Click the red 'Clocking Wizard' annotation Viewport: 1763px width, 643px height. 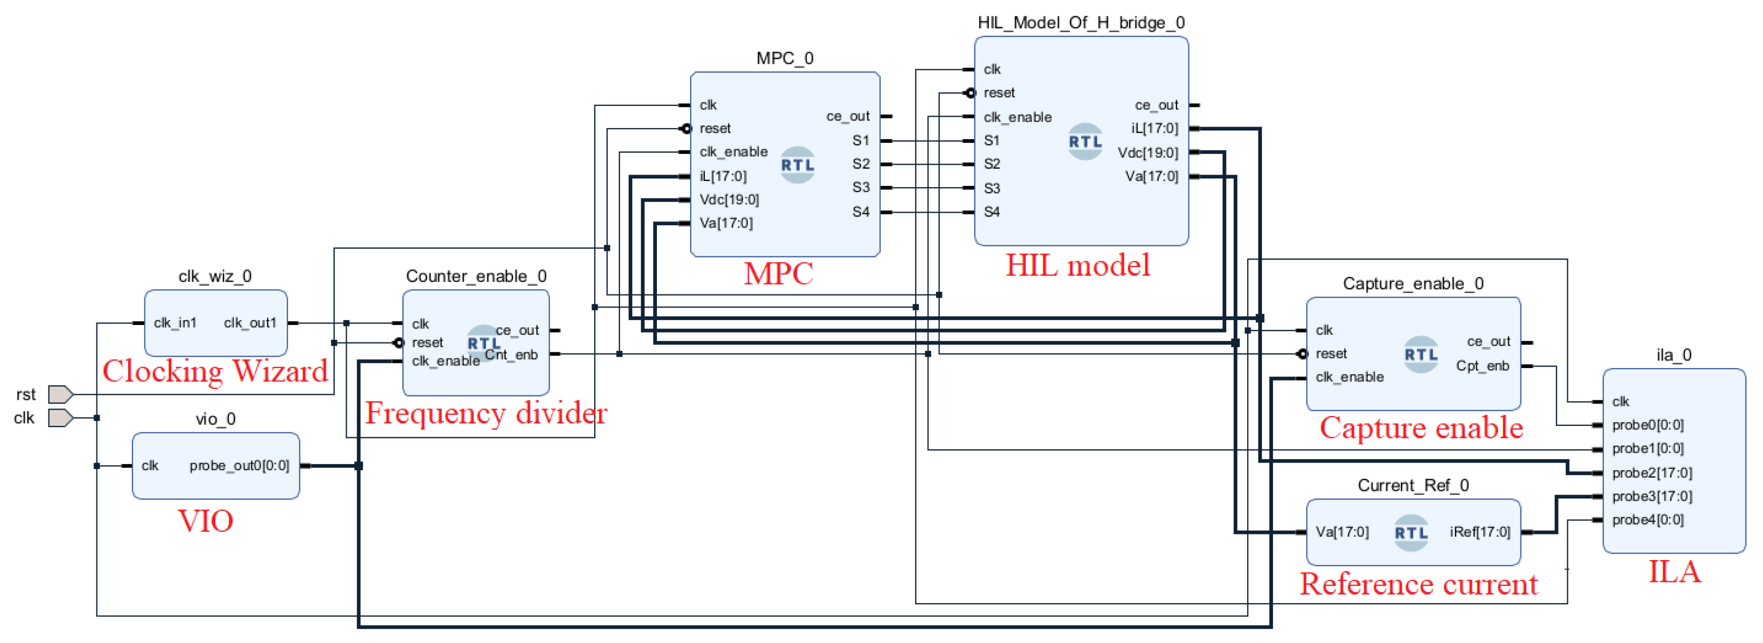tap(215, 372)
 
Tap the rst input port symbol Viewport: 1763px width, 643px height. tap(60, 394)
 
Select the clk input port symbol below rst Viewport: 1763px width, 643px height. tap(60, 418)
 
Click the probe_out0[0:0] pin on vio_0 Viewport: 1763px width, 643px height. tap(239, 466)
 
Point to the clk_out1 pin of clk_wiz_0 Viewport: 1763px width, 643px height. tap(250, 322)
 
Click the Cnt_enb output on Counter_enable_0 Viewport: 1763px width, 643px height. tap(512, 354)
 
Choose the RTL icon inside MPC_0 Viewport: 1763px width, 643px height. tap(798, 165)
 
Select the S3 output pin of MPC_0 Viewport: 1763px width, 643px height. tap(860, 188)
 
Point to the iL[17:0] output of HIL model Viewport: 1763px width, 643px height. tap(1154, 129)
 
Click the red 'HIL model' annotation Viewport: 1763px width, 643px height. tap(1077, 266)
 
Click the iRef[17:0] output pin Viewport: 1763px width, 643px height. tap(1479, 532)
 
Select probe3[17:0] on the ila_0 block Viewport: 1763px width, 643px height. tap(1651, 496)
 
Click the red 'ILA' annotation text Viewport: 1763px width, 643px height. tap(1674, 572)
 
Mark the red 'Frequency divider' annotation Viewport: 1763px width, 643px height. tap(486, 413)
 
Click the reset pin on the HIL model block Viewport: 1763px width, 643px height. tap(999, 93)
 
